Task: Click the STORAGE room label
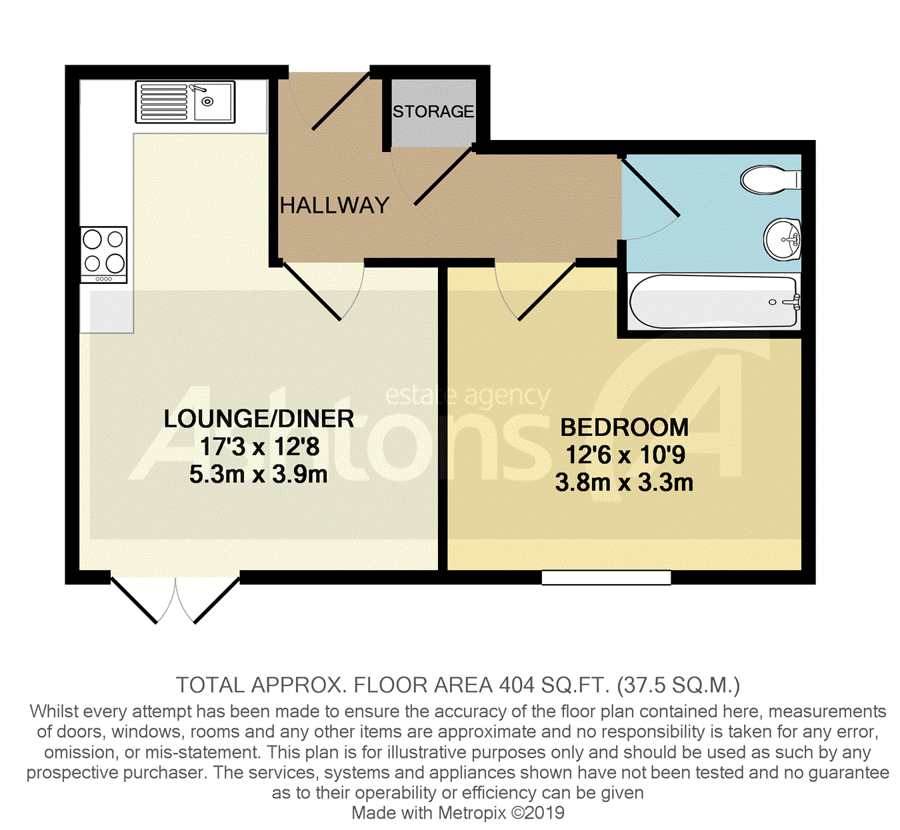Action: tap(433, 111)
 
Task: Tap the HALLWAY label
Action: tap(335, 205)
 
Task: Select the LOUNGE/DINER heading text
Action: tap(259, 419)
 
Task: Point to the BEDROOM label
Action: tap(624, 427)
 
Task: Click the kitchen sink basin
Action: tap(212, 102)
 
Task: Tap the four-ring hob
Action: tap(104, 254)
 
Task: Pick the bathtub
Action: tap(713, 302)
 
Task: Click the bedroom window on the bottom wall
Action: tap(606, 577)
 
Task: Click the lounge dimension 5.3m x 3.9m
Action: tap(259, 475)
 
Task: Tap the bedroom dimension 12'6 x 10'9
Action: tap(625, 455)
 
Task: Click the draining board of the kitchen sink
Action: tap(163, 102)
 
